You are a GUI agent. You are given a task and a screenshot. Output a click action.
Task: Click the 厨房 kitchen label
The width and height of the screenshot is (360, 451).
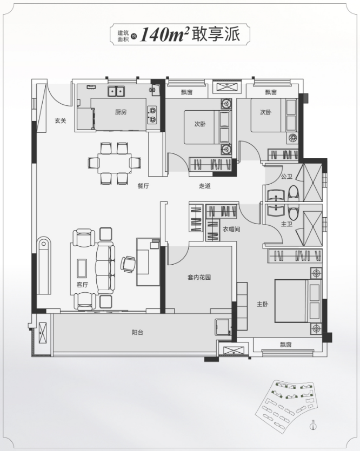pyautogui.click(x=121, y=112)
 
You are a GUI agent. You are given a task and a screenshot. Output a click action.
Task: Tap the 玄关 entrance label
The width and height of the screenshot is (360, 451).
pyautogui.click(x=61, y=121)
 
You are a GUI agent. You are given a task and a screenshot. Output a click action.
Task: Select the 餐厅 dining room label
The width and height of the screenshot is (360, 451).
pyautogui.click(x=143, y=186)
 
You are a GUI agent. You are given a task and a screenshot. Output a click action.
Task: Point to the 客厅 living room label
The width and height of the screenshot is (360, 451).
pyautogui.click(x=82, y=285)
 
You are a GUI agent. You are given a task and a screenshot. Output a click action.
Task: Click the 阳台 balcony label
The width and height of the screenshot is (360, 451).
pyautogui.click(x=137, y=333)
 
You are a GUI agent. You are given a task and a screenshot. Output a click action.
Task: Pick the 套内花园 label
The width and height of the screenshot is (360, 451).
pyautogui.click(x=199, y=278)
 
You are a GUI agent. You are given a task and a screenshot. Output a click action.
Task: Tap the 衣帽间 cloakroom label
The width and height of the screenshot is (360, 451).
pyautogui.click(x=231, y=229)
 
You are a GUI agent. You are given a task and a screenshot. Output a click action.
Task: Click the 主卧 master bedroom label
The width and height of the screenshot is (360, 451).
pyautogui.click(x=263, y=304)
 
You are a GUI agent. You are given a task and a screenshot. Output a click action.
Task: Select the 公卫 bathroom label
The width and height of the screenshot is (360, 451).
pyautogui.click(x=286, y=177)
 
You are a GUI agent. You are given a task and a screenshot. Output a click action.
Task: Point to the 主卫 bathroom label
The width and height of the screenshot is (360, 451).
pyautogui.click(x=286, y=224)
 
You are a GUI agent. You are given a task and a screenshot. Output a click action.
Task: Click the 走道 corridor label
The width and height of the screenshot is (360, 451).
pyautogui.click(x=205, y=186)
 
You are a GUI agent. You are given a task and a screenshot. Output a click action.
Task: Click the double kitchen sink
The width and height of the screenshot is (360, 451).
pyautogui.click(x=117, y=92)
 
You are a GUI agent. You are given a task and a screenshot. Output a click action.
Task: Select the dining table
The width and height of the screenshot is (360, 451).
pyautogui.click(x=114, y=163)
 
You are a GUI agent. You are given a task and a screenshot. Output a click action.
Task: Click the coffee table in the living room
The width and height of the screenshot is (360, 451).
pyautogui.click(x=82, y=268)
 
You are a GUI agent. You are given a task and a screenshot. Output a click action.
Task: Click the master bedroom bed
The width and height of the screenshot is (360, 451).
pyautogui.click(x=298, y=301)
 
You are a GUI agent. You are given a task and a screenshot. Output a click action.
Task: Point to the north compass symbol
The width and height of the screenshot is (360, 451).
pyautogui.click(x=314, y=426)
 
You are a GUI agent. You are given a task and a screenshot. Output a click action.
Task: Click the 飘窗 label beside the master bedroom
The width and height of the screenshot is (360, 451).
pyautogui.click(x=286, y=345)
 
